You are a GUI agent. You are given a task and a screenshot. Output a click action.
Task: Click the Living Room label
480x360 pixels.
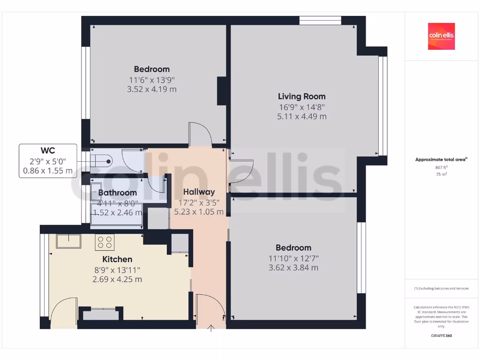(301, 97)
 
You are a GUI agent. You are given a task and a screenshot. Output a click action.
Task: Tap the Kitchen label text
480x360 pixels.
(117, 259)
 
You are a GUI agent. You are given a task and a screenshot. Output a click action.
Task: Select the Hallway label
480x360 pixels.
(199, 192)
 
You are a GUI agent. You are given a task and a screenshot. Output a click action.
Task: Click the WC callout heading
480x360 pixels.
(48, 150)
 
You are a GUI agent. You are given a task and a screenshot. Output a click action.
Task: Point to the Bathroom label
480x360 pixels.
(117, 193)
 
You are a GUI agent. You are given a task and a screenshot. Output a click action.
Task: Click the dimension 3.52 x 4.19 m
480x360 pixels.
(151, 89)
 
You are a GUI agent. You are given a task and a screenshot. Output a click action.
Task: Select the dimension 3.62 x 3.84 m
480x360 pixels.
(293, 268)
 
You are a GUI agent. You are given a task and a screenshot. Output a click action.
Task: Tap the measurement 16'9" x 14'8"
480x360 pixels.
(301, 107)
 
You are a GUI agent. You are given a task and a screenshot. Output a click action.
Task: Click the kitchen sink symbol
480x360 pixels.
(68, 241)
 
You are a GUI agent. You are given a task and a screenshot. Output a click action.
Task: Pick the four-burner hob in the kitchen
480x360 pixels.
(105, 242)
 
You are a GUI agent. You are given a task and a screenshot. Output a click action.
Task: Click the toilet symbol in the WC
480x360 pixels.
(101, 161)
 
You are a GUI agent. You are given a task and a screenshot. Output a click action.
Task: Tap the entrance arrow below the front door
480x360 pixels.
(211, 328)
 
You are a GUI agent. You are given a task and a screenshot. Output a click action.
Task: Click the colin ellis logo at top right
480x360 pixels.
(441, 37)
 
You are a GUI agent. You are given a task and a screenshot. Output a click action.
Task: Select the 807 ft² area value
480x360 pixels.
(441, 167)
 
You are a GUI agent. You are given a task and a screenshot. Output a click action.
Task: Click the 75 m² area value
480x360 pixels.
(441, 174)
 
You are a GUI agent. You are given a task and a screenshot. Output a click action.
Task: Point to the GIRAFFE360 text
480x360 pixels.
(441, 336)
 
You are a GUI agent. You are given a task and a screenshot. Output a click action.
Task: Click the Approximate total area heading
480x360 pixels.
(441, 160)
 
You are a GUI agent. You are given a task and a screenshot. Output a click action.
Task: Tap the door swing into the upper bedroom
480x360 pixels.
(199, 135)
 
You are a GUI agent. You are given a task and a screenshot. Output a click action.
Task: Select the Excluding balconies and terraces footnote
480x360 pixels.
(441, 288)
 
